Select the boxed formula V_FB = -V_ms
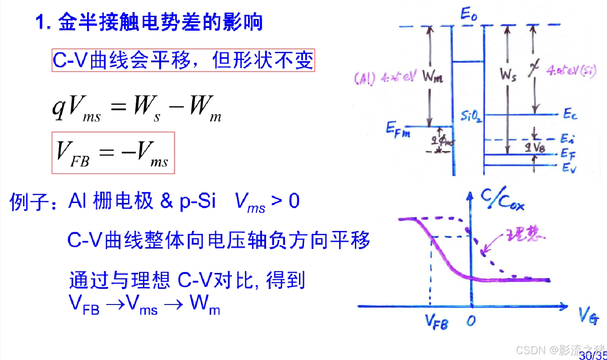click(x=113, y=153)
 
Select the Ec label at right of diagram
click(x=570, y=115)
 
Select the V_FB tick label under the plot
click(x=436, y=321)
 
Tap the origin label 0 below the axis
click(x=471, y=320)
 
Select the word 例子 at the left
click(x=30, y=203)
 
